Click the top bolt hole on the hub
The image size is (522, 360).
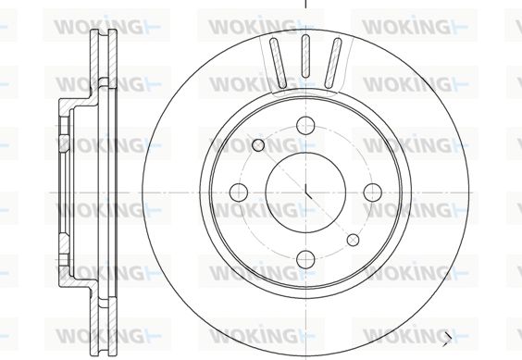(x=305, y=125)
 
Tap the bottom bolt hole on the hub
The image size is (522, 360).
(x=305, y=259)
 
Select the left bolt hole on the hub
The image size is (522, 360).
(x=239, y=192)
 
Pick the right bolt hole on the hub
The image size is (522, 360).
(x=372, y=192)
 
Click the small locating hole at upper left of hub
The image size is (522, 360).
(x=258, y=145)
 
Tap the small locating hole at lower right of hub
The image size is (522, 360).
(x=353, y=240)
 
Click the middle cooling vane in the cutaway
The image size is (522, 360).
(x=305, y=56)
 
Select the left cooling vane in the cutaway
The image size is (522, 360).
(x=278, y=63)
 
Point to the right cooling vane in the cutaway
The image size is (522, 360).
(x=333, y=63)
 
